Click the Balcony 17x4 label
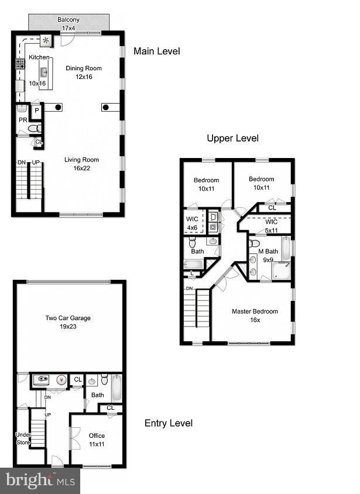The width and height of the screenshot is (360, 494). pos(68,23)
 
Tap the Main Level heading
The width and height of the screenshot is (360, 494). pos(156,52)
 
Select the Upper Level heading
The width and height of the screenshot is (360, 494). pos(232,139)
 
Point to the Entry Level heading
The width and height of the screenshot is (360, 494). pos(168,423)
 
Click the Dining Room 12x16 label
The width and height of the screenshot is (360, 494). pos(83,72)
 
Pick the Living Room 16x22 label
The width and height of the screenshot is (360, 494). pos(81,163)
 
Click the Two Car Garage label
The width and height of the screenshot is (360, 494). pos(68,323)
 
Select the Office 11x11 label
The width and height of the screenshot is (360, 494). pos(97,440)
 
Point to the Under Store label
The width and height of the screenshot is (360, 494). pos(23,438)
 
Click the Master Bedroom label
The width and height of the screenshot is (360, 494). pos(254,315)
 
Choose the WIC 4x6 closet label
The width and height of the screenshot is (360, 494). pos(193,224)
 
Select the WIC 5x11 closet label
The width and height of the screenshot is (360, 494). pos(270,226)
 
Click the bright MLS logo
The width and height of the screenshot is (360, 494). pos(40,481)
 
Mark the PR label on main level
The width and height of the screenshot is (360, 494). pos(22,120)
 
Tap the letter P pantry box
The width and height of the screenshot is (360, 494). pos(36,110)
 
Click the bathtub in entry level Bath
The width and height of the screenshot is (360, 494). pos(115,387)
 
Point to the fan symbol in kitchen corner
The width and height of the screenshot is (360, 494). pos(46,40)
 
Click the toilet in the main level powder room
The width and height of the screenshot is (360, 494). pos(35,128)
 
